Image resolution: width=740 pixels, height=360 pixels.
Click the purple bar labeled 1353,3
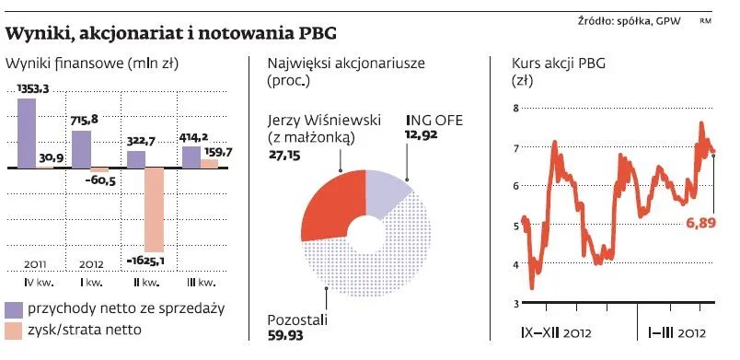[27, 133]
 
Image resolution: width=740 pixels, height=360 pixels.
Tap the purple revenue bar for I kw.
[81, 149]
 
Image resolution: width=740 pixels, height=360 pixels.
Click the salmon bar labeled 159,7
[209, 163]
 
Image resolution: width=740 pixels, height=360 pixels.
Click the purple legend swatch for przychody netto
[13, 309]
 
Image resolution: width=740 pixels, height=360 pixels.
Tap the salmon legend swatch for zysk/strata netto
[13, 330]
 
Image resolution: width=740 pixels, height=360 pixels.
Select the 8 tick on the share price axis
[515, 109]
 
